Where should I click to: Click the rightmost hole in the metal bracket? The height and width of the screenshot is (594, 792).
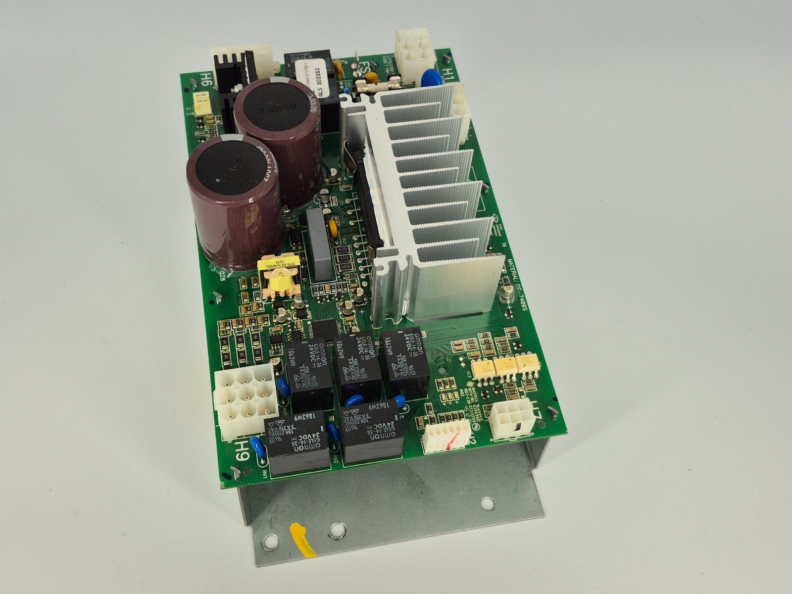pos(487,505)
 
